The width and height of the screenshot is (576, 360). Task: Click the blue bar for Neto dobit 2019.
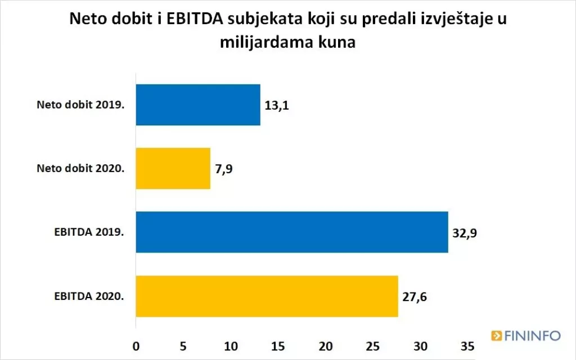pos(198,105)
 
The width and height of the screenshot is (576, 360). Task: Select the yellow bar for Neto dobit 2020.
pos(173,168)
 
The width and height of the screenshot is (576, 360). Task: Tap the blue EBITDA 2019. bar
pos(292,232)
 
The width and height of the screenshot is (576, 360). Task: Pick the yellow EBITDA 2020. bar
pos(267,296)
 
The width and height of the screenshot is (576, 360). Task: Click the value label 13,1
pos(277,105)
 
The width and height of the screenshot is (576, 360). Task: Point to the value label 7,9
pos(224,169)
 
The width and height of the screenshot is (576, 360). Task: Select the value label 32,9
pos(465,232)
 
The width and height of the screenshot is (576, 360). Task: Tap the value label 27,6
pos(415,296)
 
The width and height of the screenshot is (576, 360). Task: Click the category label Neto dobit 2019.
pos(80,105)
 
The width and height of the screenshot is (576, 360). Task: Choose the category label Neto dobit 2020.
pos(80,168)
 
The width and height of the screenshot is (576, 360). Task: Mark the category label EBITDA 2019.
pos(89,232)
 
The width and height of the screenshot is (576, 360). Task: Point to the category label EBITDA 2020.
pos(89,296)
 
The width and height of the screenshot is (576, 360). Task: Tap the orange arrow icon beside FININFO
pos(496,336)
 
